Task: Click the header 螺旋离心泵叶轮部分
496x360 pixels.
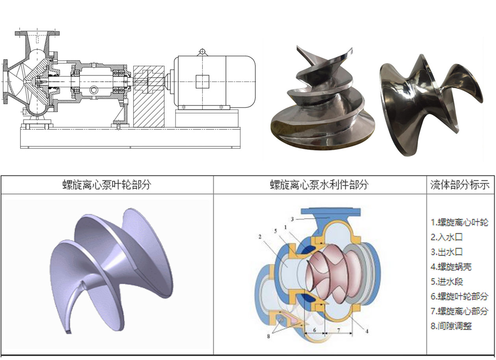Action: [107, 185]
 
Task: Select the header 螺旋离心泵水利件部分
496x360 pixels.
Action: [319, 185]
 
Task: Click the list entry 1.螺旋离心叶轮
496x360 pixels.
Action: [459, 222]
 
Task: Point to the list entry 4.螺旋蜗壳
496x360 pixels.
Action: [451, 267]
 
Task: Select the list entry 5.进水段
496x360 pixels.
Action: [446, 282]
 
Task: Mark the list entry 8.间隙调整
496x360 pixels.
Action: [451, 326]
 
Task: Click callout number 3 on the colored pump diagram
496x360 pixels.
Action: [293, 218]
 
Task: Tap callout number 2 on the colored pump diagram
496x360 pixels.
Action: [260, 237]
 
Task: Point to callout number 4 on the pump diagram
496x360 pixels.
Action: [366, 331]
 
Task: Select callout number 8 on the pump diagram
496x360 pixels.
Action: [269, 336]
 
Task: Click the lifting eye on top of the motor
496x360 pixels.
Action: [202, 52]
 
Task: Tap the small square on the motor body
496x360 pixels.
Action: [202, 81]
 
